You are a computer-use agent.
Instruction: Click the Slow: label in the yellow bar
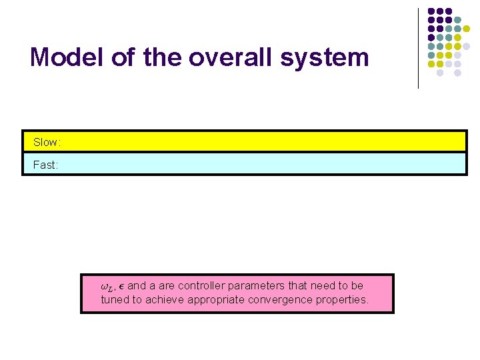coord(47,143)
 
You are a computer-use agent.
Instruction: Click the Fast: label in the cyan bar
coord(46,165)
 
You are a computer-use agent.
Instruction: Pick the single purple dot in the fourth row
coord(431,38)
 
